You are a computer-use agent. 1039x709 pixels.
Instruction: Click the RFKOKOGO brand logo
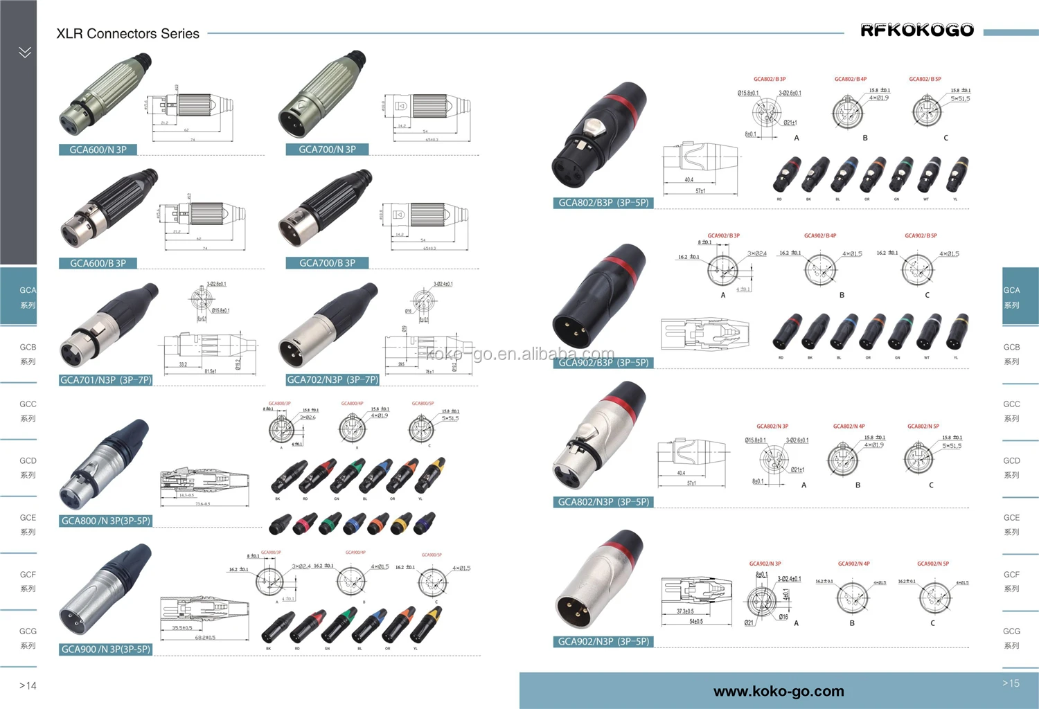pos(916,30)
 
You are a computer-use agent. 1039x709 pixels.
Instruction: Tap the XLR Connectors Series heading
pos(127,33)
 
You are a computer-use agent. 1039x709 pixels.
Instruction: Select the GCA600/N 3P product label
pos(98,150)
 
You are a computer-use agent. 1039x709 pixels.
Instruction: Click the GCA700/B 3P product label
pos(327,263)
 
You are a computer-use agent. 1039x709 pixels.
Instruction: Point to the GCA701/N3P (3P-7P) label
pos(105,380)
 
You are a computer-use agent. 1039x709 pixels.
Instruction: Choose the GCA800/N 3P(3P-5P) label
pos(105,521)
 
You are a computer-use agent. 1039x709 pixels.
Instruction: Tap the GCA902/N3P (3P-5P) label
pos(603,642)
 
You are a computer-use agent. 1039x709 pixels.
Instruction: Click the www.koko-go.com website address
pos(779,691)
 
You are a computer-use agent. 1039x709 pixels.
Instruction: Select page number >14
pos(28,685)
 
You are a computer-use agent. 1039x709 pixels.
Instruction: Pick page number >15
pos(1011,683)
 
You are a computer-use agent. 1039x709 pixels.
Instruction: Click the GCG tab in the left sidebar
pos(28,638)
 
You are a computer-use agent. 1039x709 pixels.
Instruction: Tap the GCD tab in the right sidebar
pos(1011,467)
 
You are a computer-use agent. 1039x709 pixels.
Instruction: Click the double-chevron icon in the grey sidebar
pos(25,52)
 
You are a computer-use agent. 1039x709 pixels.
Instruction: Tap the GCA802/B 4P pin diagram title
pos(850,80)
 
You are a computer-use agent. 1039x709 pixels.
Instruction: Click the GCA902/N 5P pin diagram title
pos(933,564)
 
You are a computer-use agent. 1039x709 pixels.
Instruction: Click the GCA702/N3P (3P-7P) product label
pos(332,380)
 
